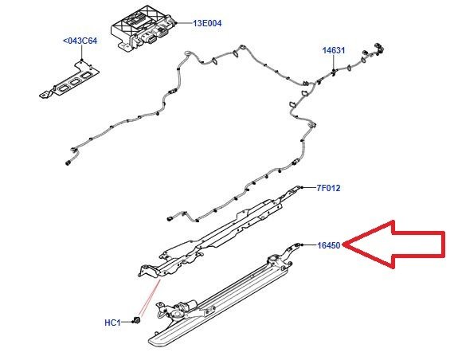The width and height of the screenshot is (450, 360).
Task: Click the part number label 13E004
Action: pos(207,23)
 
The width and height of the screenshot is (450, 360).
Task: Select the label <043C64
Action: pos(80,41)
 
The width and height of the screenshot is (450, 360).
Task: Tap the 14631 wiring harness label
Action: pos(334,50)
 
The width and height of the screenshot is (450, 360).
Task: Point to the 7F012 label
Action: pos(329,188)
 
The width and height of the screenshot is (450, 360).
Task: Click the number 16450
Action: pos(329,245)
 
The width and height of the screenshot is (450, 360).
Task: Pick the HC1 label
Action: pos(112,323)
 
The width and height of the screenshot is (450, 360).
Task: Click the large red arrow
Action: pos(395,245)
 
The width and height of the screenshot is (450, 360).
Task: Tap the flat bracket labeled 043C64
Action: pos(69,80)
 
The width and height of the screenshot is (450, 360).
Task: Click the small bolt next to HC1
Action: pos(137,321)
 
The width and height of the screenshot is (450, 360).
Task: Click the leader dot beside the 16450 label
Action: pos(302,245)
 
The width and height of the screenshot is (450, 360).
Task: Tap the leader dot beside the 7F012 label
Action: pos(302,187)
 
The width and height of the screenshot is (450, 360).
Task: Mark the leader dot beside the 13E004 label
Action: pos(177,23)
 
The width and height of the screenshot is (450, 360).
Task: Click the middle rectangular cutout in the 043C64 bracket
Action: pos(75,82)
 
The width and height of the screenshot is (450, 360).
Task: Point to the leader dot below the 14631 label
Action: pos(334,70)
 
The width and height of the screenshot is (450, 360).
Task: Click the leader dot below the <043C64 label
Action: pos(82,60)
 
